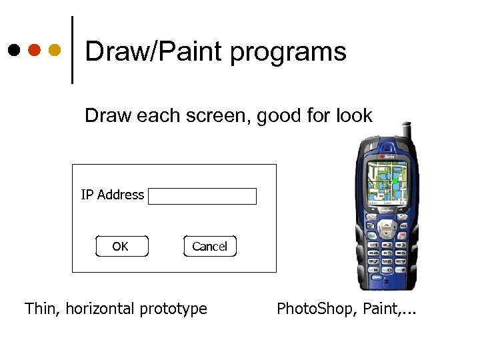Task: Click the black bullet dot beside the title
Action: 13,50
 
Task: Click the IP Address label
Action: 112,195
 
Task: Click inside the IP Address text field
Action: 202,196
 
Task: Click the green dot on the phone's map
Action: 395,180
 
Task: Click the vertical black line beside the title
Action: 71,50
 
